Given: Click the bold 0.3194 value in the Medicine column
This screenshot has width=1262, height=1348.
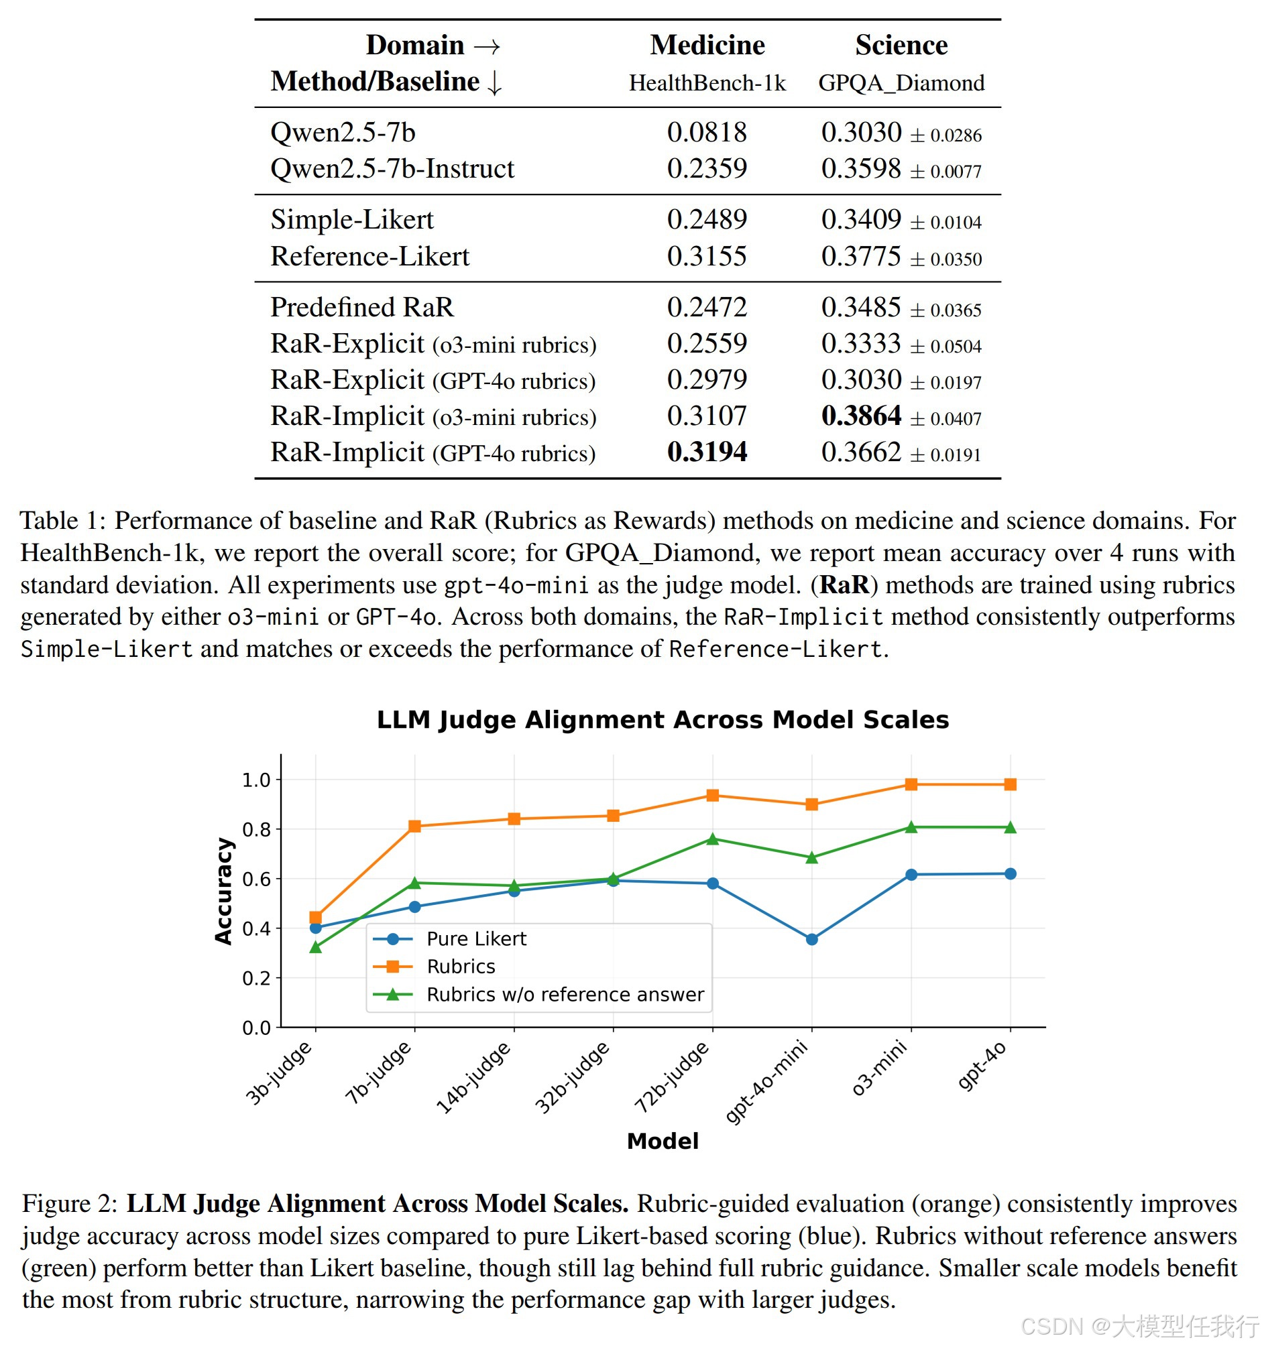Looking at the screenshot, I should [707, 452].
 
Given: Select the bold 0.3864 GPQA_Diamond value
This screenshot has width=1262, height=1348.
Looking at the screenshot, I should [861, 416].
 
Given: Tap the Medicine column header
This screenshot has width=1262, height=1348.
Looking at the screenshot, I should [707, 46].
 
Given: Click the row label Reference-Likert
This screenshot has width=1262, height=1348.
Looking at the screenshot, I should [369, 257].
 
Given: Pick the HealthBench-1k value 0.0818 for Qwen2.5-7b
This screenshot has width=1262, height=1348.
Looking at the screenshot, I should [707, 132].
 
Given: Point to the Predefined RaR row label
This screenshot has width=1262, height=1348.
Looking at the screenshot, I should [361, 308].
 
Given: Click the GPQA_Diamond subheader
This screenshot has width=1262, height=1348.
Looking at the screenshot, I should [901, 82].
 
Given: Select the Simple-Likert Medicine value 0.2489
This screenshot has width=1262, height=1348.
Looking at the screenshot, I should [707, 220].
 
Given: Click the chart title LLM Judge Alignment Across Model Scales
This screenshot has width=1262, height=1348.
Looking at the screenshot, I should [663, 720].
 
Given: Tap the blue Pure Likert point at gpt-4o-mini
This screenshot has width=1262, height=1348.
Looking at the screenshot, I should [812, 940].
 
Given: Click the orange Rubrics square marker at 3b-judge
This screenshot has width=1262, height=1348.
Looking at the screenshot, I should [315, 918].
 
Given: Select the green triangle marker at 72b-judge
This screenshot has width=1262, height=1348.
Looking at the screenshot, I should [712, 839].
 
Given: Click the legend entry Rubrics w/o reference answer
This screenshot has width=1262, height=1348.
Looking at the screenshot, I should [565, 995].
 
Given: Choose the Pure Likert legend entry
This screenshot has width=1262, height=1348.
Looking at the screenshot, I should [476, 939].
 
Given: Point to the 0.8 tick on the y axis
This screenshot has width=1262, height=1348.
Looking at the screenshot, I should [255, 830].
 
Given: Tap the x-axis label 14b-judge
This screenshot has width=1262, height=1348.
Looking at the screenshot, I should [474, 1078].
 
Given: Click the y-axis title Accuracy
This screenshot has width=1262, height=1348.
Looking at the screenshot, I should [223, 892].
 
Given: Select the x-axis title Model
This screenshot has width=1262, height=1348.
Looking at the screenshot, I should [663, 1141].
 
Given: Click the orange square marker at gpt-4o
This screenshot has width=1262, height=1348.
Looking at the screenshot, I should [1011, 784].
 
